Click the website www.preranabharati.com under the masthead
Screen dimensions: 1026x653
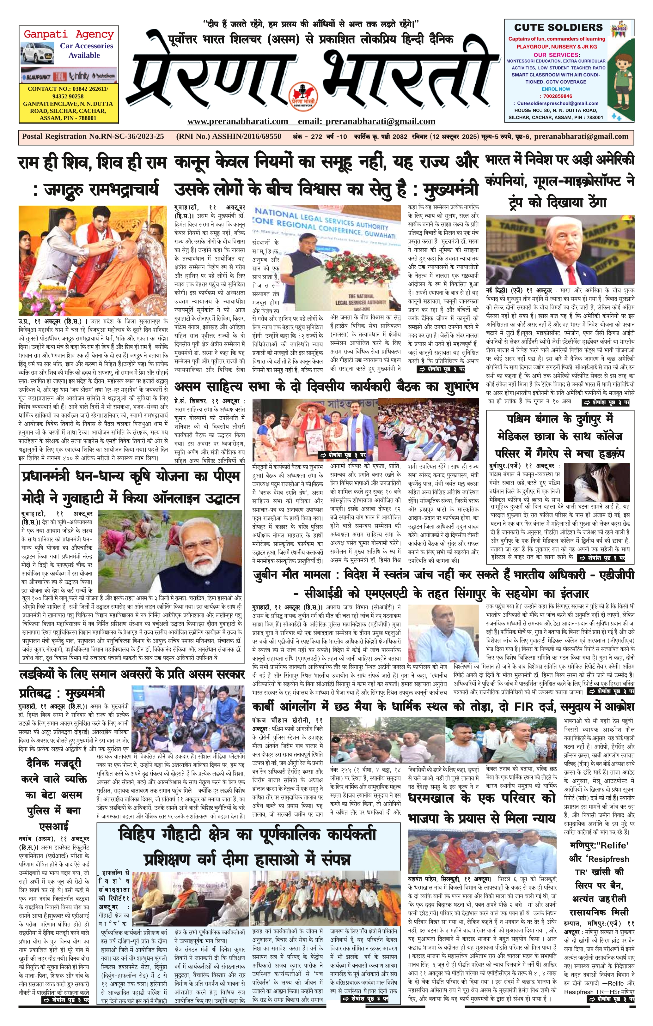tap(237, 121)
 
